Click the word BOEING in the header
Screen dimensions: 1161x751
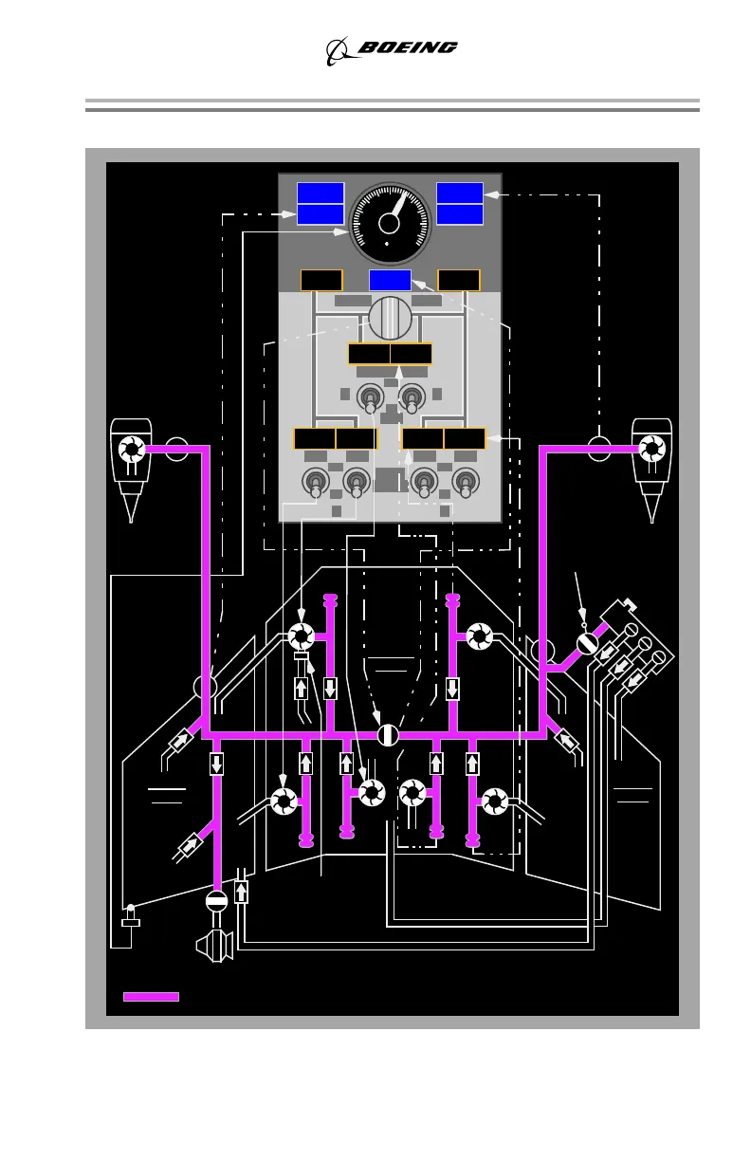406,47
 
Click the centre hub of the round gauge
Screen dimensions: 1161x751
389,223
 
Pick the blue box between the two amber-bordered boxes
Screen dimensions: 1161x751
390,280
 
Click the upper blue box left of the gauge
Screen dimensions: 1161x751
320,193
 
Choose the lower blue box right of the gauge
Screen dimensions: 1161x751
460,214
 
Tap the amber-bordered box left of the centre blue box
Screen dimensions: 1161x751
321,280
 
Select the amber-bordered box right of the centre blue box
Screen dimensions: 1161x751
459,280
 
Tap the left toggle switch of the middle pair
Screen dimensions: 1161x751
369,399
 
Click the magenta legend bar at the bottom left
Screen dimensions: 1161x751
151,996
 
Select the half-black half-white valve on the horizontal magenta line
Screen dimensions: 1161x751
387,735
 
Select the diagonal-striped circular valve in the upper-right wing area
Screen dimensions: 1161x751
587,644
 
